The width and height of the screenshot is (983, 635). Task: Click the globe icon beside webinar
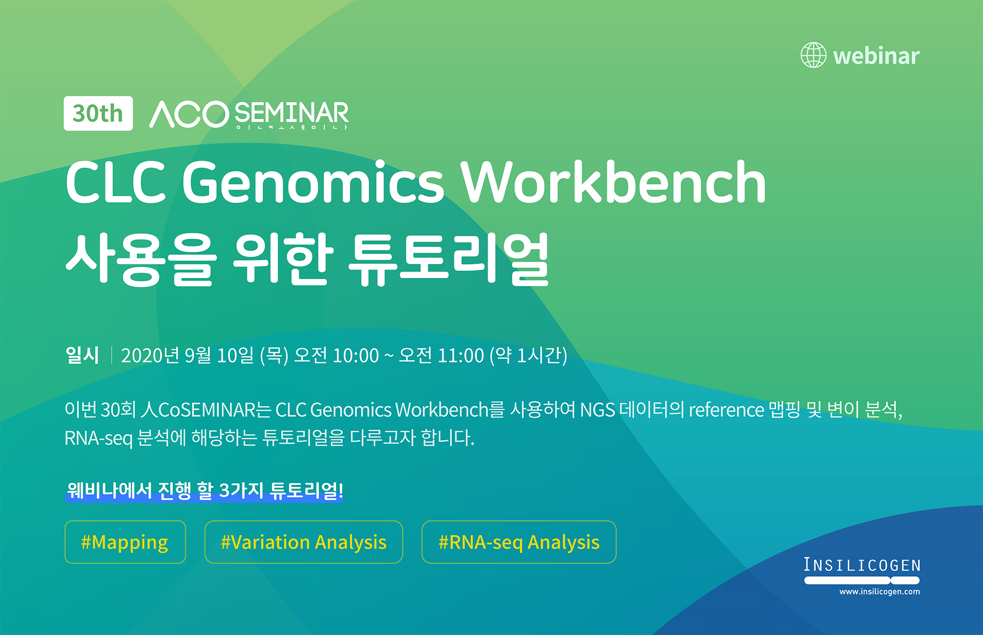(813, 55)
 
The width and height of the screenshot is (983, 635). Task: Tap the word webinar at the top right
(876, 56)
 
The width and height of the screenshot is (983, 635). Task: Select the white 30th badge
(98, 114)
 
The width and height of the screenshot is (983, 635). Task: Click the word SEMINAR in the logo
(291, 113)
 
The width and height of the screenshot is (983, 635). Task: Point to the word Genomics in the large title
(313, 182)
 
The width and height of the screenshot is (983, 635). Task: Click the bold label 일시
(82, 355)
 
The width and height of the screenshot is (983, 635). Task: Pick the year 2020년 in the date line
(150, 355)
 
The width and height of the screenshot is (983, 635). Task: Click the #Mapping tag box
(125, 542)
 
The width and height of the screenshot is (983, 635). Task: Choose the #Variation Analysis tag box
(304, 542)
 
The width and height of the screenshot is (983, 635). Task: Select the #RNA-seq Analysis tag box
(519, 542)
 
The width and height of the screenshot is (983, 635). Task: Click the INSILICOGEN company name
(862, 565)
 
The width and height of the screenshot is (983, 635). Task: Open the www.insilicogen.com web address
(879, 592)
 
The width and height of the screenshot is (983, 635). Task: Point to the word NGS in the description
(597, 410)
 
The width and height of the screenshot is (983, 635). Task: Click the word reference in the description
(726, 410)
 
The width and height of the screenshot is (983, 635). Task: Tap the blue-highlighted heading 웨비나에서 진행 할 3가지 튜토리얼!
(205, 491)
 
